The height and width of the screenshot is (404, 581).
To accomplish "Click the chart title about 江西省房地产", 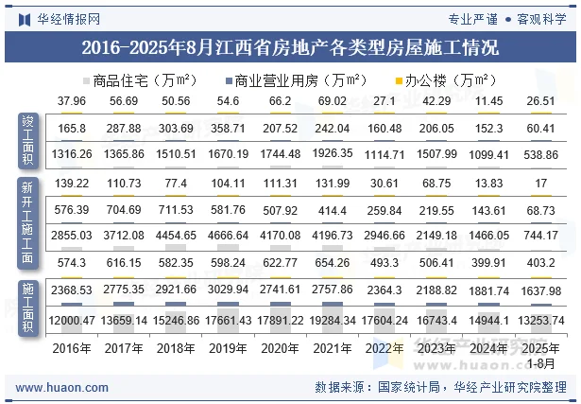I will coord(290,47).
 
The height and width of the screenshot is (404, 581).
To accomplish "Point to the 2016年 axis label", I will coord(72,348).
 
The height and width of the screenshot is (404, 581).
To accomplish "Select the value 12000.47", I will coord(72,321).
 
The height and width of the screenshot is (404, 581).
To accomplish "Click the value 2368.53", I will coord(72,289).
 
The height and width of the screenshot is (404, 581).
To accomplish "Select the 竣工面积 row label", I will coord(28,139).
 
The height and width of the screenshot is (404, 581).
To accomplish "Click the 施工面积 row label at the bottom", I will coord(28,307).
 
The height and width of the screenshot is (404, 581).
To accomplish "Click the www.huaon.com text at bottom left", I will coord(62,386).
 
